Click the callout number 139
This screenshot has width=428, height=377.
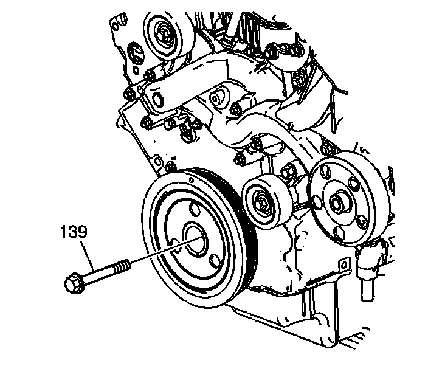tap(74, 232)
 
